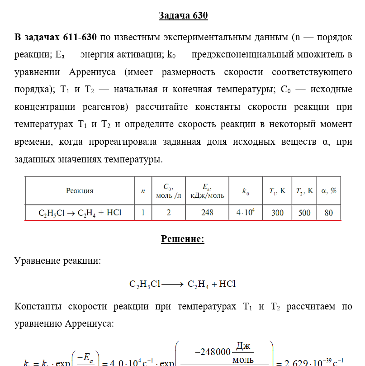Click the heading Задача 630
(183, 15)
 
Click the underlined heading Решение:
(183, 239)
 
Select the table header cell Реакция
(80, 191)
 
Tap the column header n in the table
(143, 191)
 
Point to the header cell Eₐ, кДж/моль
(207, 191)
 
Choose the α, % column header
(329, 191)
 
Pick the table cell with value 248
(207, 212)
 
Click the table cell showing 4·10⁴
(246, 212)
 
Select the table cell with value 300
(277, 212)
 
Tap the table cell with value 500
(304, 212)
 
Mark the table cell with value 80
(329, 212)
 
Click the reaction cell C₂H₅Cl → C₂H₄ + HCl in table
(80, 212)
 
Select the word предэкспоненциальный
(256, 55)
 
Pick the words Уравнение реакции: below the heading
(58, 261)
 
